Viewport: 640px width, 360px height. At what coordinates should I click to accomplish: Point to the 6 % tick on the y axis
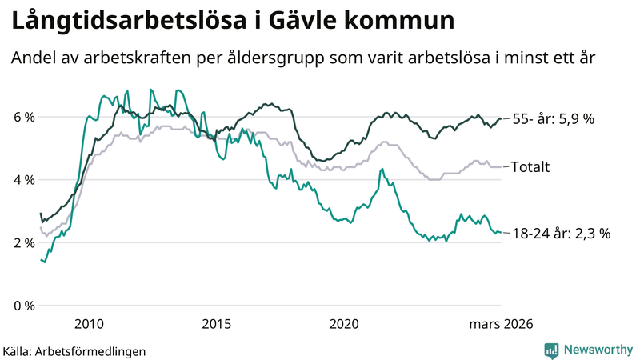click(24, 117)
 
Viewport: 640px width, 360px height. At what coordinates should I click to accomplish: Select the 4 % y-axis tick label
click(24, 180)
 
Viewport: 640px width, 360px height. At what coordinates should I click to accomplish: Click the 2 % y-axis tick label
click(24, 242)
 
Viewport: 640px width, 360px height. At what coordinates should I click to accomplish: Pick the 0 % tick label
click(24, 306)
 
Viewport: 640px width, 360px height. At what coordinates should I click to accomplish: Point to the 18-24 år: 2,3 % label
click(562, 234)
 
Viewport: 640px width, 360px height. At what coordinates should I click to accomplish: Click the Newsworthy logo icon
click(551, 350)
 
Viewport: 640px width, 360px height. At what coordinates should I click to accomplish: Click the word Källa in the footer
click(18, 351)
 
